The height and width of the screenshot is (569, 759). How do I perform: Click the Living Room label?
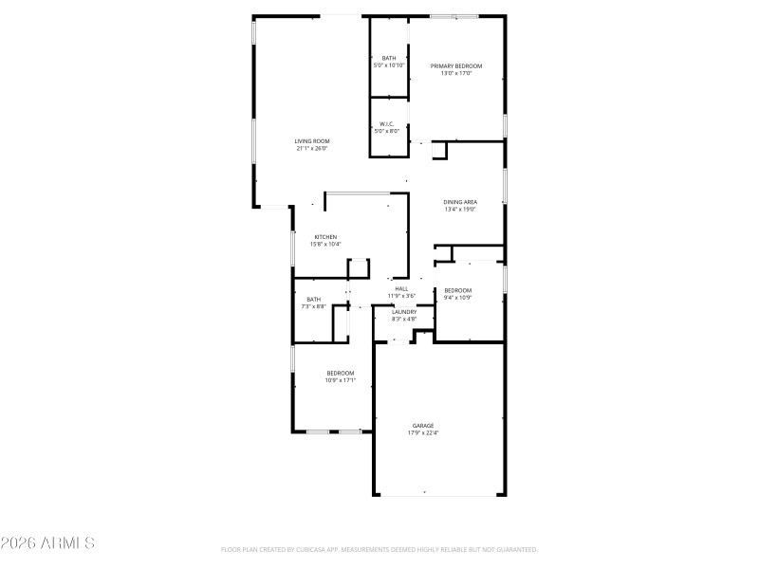pos(311,141)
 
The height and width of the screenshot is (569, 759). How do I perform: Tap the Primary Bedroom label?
pos(456,65)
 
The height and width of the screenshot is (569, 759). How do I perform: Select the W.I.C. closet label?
pos(387,123)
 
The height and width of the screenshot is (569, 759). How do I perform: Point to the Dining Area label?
pos(460,202)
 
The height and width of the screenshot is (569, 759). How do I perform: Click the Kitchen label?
pos(325,237)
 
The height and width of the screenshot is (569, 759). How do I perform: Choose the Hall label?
pos(401,288)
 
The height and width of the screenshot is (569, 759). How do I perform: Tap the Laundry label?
pos(404,312)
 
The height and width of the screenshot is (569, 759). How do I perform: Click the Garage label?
pos(423,425)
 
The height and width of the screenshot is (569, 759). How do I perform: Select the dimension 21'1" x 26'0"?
pos(311,149)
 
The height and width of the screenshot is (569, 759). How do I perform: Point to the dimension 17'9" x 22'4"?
pos(423,432)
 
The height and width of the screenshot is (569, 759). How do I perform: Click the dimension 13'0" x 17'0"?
pos(456,73)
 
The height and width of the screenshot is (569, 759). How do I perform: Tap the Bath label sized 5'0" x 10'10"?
pos(389,58)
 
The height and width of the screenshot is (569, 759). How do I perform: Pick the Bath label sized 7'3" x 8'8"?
pos(313,299)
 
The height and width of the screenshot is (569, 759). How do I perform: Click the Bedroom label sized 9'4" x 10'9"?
pos(458,290)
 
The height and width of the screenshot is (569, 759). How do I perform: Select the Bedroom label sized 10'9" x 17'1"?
pos(341,373)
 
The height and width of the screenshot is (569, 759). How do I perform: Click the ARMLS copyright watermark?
pos(47,543)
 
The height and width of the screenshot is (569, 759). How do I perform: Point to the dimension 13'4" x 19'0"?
pos(460,210)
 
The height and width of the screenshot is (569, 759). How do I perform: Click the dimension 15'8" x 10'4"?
pos(325,245)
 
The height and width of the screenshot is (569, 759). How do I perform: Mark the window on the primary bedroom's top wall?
pos(454,16)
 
